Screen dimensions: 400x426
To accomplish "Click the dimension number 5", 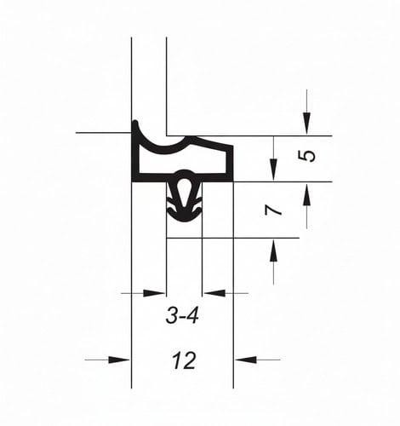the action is pos(307,156).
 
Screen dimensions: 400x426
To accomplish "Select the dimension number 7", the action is pos(273,210).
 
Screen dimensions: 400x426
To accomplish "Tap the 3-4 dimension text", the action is pos(182,316).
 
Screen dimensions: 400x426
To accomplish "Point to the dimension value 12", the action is pos(184,360).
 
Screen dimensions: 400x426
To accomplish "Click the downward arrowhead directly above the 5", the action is pos(306,123).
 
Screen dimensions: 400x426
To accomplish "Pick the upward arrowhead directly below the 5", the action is pos(306,194).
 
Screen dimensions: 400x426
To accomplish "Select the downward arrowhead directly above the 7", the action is pos(273,170).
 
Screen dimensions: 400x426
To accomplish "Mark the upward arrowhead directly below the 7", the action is pos(273,250).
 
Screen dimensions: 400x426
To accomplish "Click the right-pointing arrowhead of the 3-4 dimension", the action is pos(154,293).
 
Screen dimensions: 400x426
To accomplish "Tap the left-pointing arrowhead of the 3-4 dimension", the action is pos(214,293).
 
